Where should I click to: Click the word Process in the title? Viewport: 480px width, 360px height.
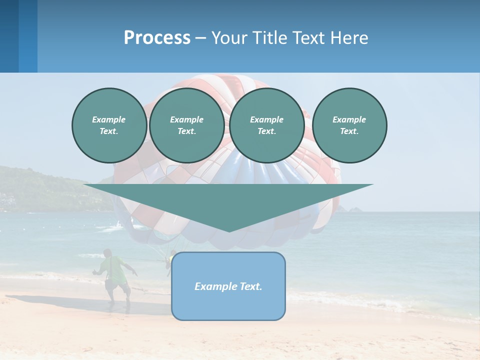[157, 38]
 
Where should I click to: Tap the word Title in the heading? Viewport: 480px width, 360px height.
[268, 38]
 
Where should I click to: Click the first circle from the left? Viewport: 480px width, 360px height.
[109, 125]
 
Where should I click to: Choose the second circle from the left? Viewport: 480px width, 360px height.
[186, 125]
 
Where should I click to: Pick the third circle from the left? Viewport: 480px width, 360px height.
[266, 125]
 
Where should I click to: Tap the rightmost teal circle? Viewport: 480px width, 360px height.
[349, 125]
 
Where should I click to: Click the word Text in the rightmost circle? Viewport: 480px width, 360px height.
[349, 131]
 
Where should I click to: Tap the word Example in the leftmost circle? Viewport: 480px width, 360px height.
[109, 119]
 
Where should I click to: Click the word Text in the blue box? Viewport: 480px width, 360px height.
[251, 286]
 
